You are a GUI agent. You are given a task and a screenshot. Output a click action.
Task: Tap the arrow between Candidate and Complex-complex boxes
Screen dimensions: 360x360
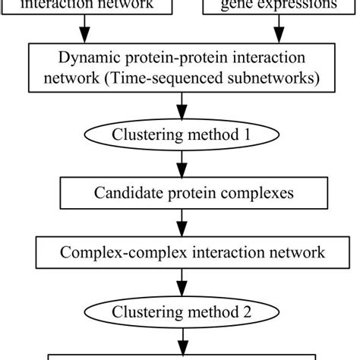180,222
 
